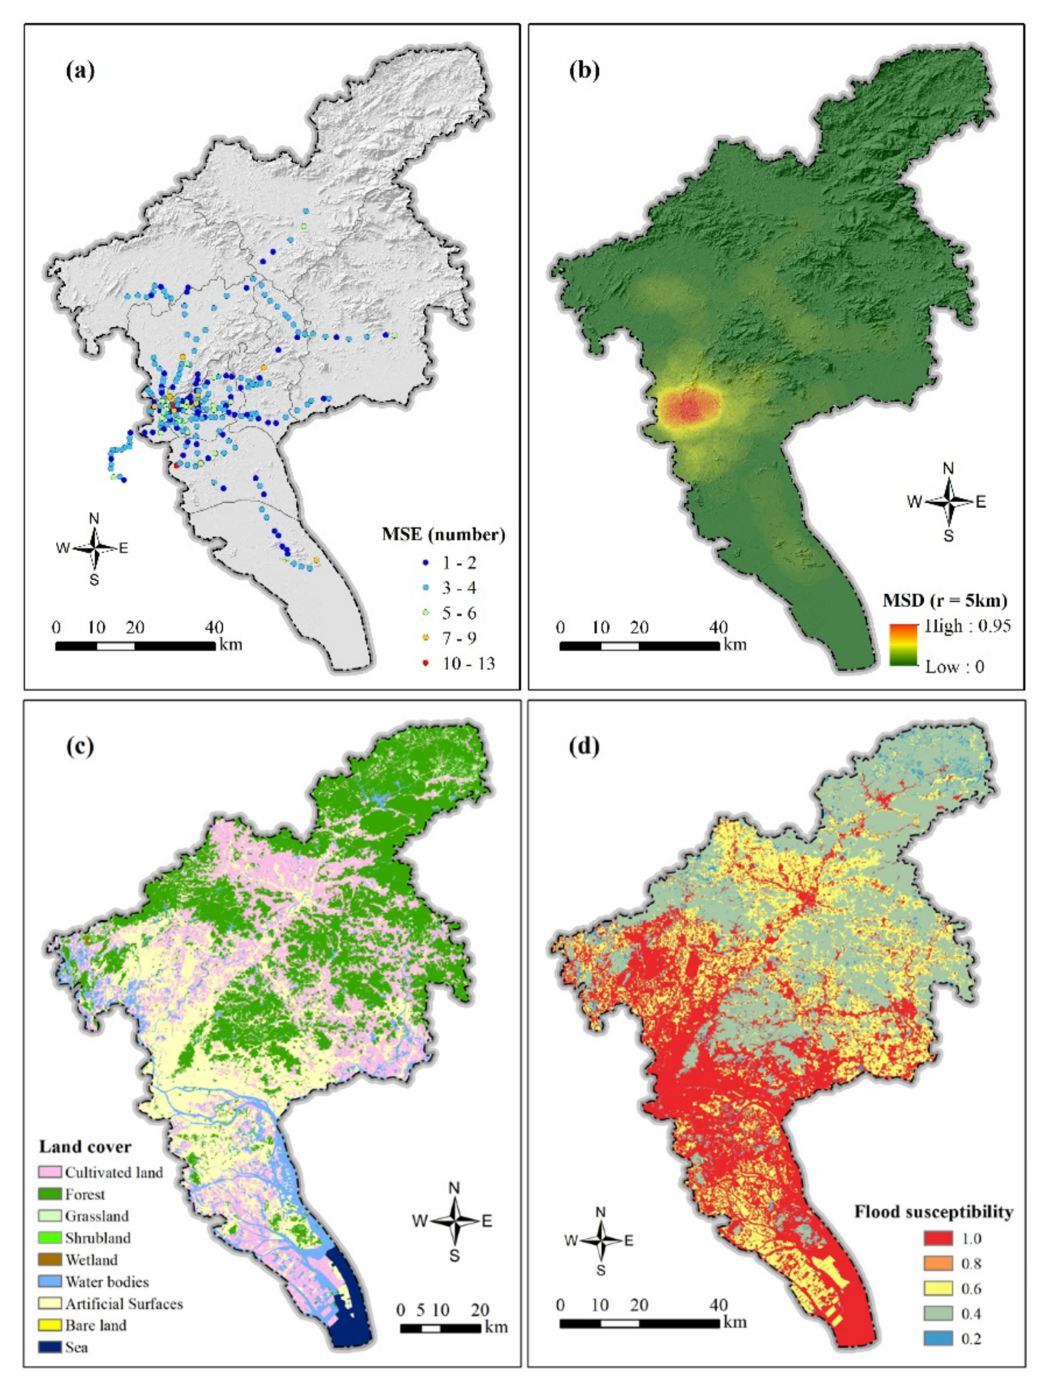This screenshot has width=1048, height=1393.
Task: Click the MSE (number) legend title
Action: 443,535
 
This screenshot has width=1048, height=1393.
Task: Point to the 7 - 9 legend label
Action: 459,638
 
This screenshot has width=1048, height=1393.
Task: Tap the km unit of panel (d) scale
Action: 735,1321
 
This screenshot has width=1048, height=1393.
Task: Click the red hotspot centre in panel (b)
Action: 690,407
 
